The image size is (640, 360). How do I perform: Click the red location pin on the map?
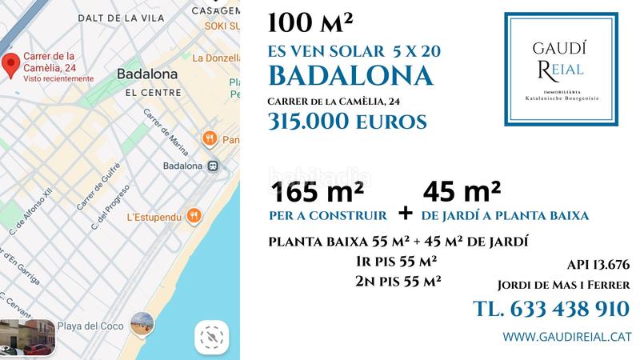pos(10,66)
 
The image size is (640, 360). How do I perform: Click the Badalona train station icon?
pos(213,166)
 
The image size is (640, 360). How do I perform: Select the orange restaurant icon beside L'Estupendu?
pos(194,216)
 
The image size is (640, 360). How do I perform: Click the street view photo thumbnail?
pos(27,337)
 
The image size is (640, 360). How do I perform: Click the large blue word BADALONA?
pos(351,75)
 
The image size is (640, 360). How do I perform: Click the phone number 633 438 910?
pos(551,309)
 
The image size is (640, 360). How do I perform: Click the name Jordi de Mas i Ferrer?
pos(563,285)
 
